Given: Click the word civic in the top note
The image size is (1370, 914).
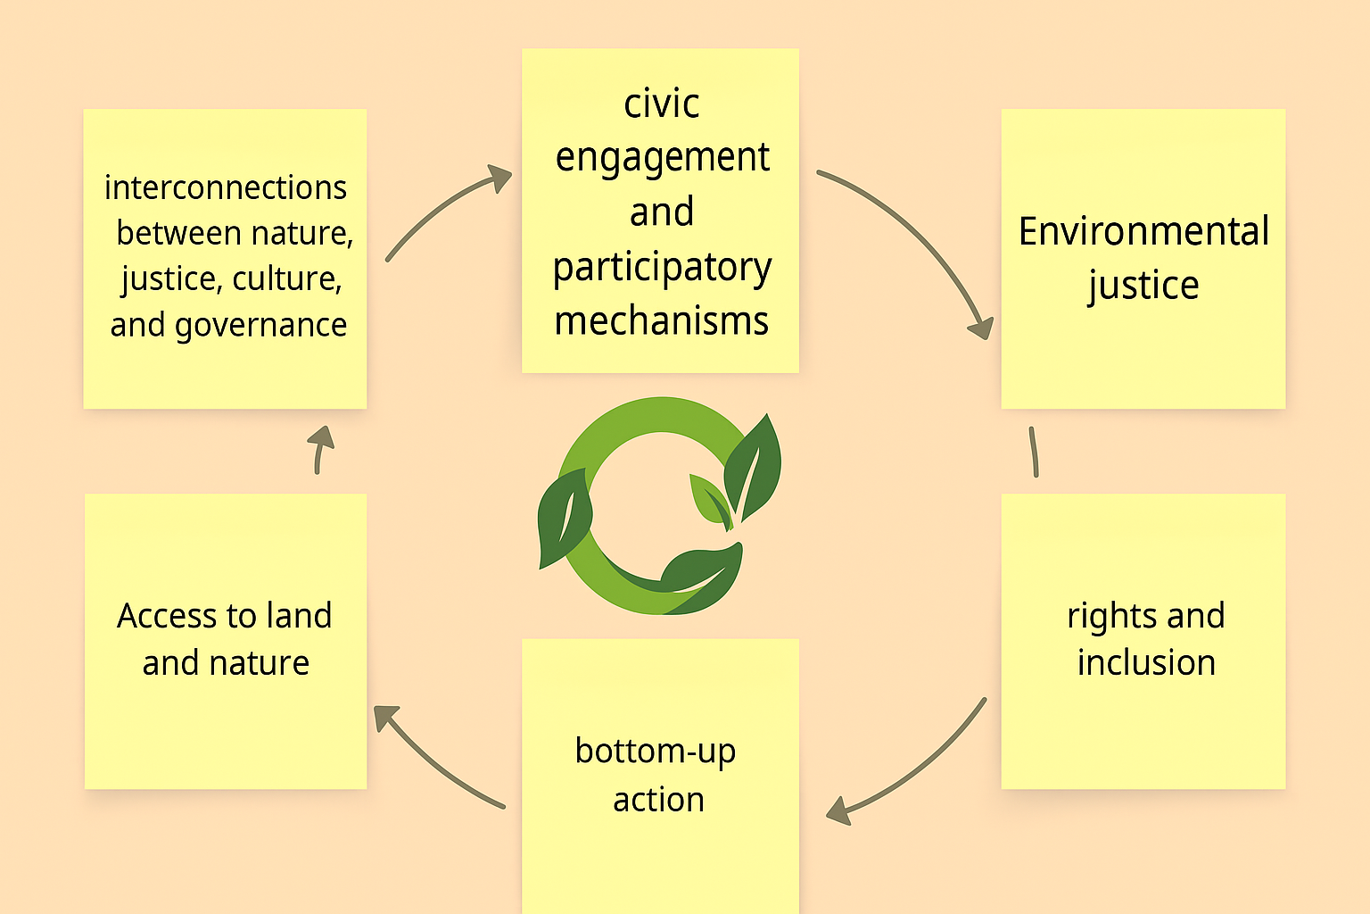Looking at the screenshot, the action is [x=661, y=104].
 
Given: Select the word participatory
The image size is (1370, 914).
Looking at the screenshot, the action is [x=662, y=268].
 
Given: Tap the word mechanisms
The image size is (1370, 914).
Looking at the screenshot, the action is [x=661, y=320].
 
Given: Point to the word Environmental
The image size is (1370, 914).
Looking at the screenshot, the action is [x=1143, y=231].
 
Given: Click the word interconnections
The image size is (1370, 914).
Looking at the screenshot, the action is [x=226, y=187].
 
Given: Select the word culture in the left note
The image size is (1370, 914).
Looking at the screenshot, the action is [x=287, y=279].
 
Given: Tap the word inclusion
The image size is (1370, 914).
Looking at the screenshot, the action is [x=1146, y=662].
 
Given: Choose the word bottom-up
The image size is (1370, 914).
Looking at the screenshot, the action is [x=655, y=752].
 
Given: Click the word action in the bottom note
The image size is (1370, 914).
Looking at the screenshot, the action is [x=659, y=800].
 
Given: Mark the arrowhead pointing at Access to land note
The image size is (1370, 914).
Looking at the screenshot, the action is [x=385, y=716].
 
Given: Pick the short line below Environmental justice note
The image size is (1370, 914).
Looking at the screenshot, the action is [x=1034, y=452].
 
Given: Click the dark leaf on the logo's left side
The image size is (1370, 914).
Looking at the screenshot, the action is [x=565, y=518].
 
